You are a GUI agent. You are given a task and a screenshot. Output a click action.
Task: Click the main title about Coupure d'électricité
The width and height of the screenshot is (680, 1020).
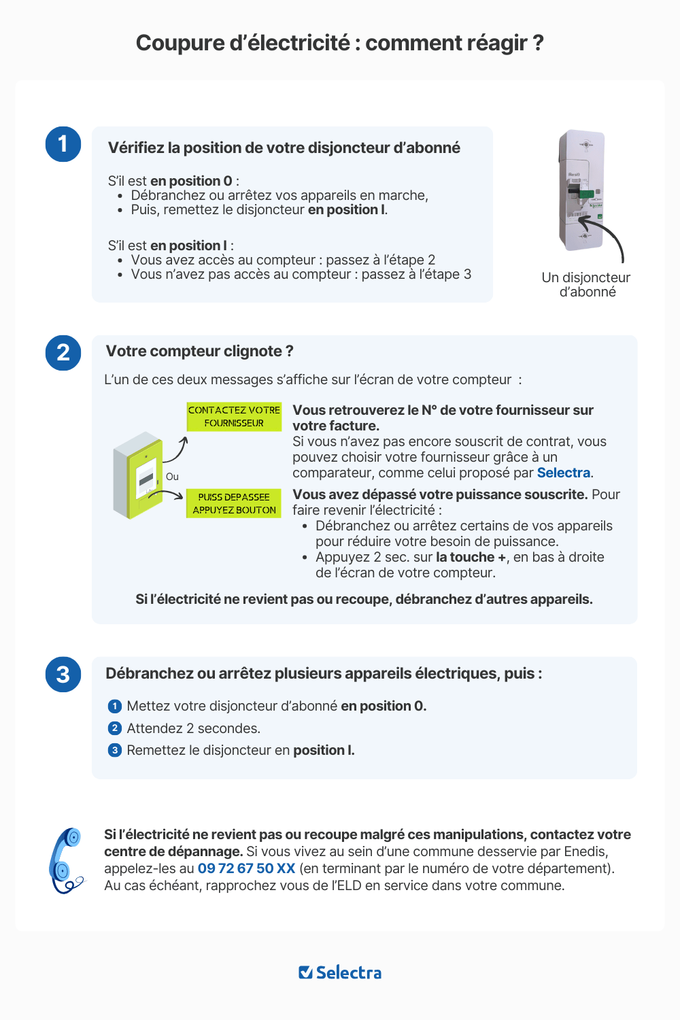(339, 43)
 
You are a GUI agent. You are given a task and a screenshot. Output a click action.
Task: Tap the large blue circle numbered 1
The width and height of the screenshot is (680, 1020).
(63, 144)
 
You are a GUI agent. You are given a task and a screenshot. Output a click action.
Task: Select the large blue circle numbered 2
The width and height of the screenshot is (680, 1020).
(63, 353)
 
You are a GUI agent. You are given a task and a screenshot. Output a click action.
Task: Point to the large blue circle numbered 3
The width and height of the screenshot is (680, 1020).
(63, 675)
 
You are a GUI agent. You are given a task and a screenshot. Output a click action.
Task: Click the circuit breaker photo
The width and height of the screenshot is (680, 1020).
(581, 190)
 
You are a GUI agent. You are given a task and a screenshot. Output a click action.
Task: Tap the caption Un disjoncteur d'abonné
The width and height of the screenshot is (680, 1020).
(586, 285)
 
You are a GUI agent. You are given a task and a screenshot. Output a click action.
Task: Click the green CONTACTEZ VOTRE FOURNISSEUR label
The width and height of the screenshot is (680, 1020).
(234, 416)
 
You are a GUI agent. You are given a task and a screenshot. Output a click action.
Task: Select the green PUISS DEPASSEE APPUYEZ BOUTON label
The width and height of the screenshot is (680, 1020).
(234, 503)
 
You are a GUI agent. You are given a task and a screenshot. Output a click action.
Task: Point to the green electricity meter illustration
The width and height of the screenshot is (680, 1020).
(139, 475)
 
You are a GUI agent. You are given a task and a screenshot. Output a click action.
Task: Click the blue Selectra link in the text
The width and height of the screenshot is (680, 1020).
(564, 473)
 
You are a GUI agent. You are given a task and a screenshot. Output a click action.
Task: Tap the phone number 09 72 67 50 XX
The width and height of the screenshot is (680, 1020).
(246, 868)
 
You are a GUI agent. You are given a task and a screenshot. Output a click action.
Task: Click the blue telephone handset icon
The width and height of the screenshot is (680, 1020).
(66, 860)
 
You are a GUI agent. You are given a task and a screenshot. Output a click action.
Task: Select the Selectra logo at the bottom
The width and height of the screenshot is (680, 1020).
(340, 972)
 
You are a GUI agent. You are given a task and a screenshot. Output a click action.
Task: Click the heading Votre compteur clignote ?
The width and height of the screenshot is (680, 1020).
(199, 351)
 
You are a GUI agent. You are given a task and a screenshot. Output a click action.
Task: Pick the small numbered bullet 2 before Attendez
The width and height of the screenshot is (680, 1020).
(115, 728)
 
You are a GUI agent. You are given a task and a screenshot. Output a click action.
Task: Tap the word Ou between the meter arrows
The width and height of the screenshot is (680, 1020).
(172, 477)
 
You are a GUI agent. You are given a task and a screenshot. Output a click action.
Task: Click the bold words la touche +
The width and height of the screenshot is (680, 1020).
(471, 557)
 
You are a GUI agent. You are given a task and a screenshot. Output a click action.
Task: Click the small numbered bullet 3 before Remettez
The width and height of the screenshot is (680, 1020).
(115, 750)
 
